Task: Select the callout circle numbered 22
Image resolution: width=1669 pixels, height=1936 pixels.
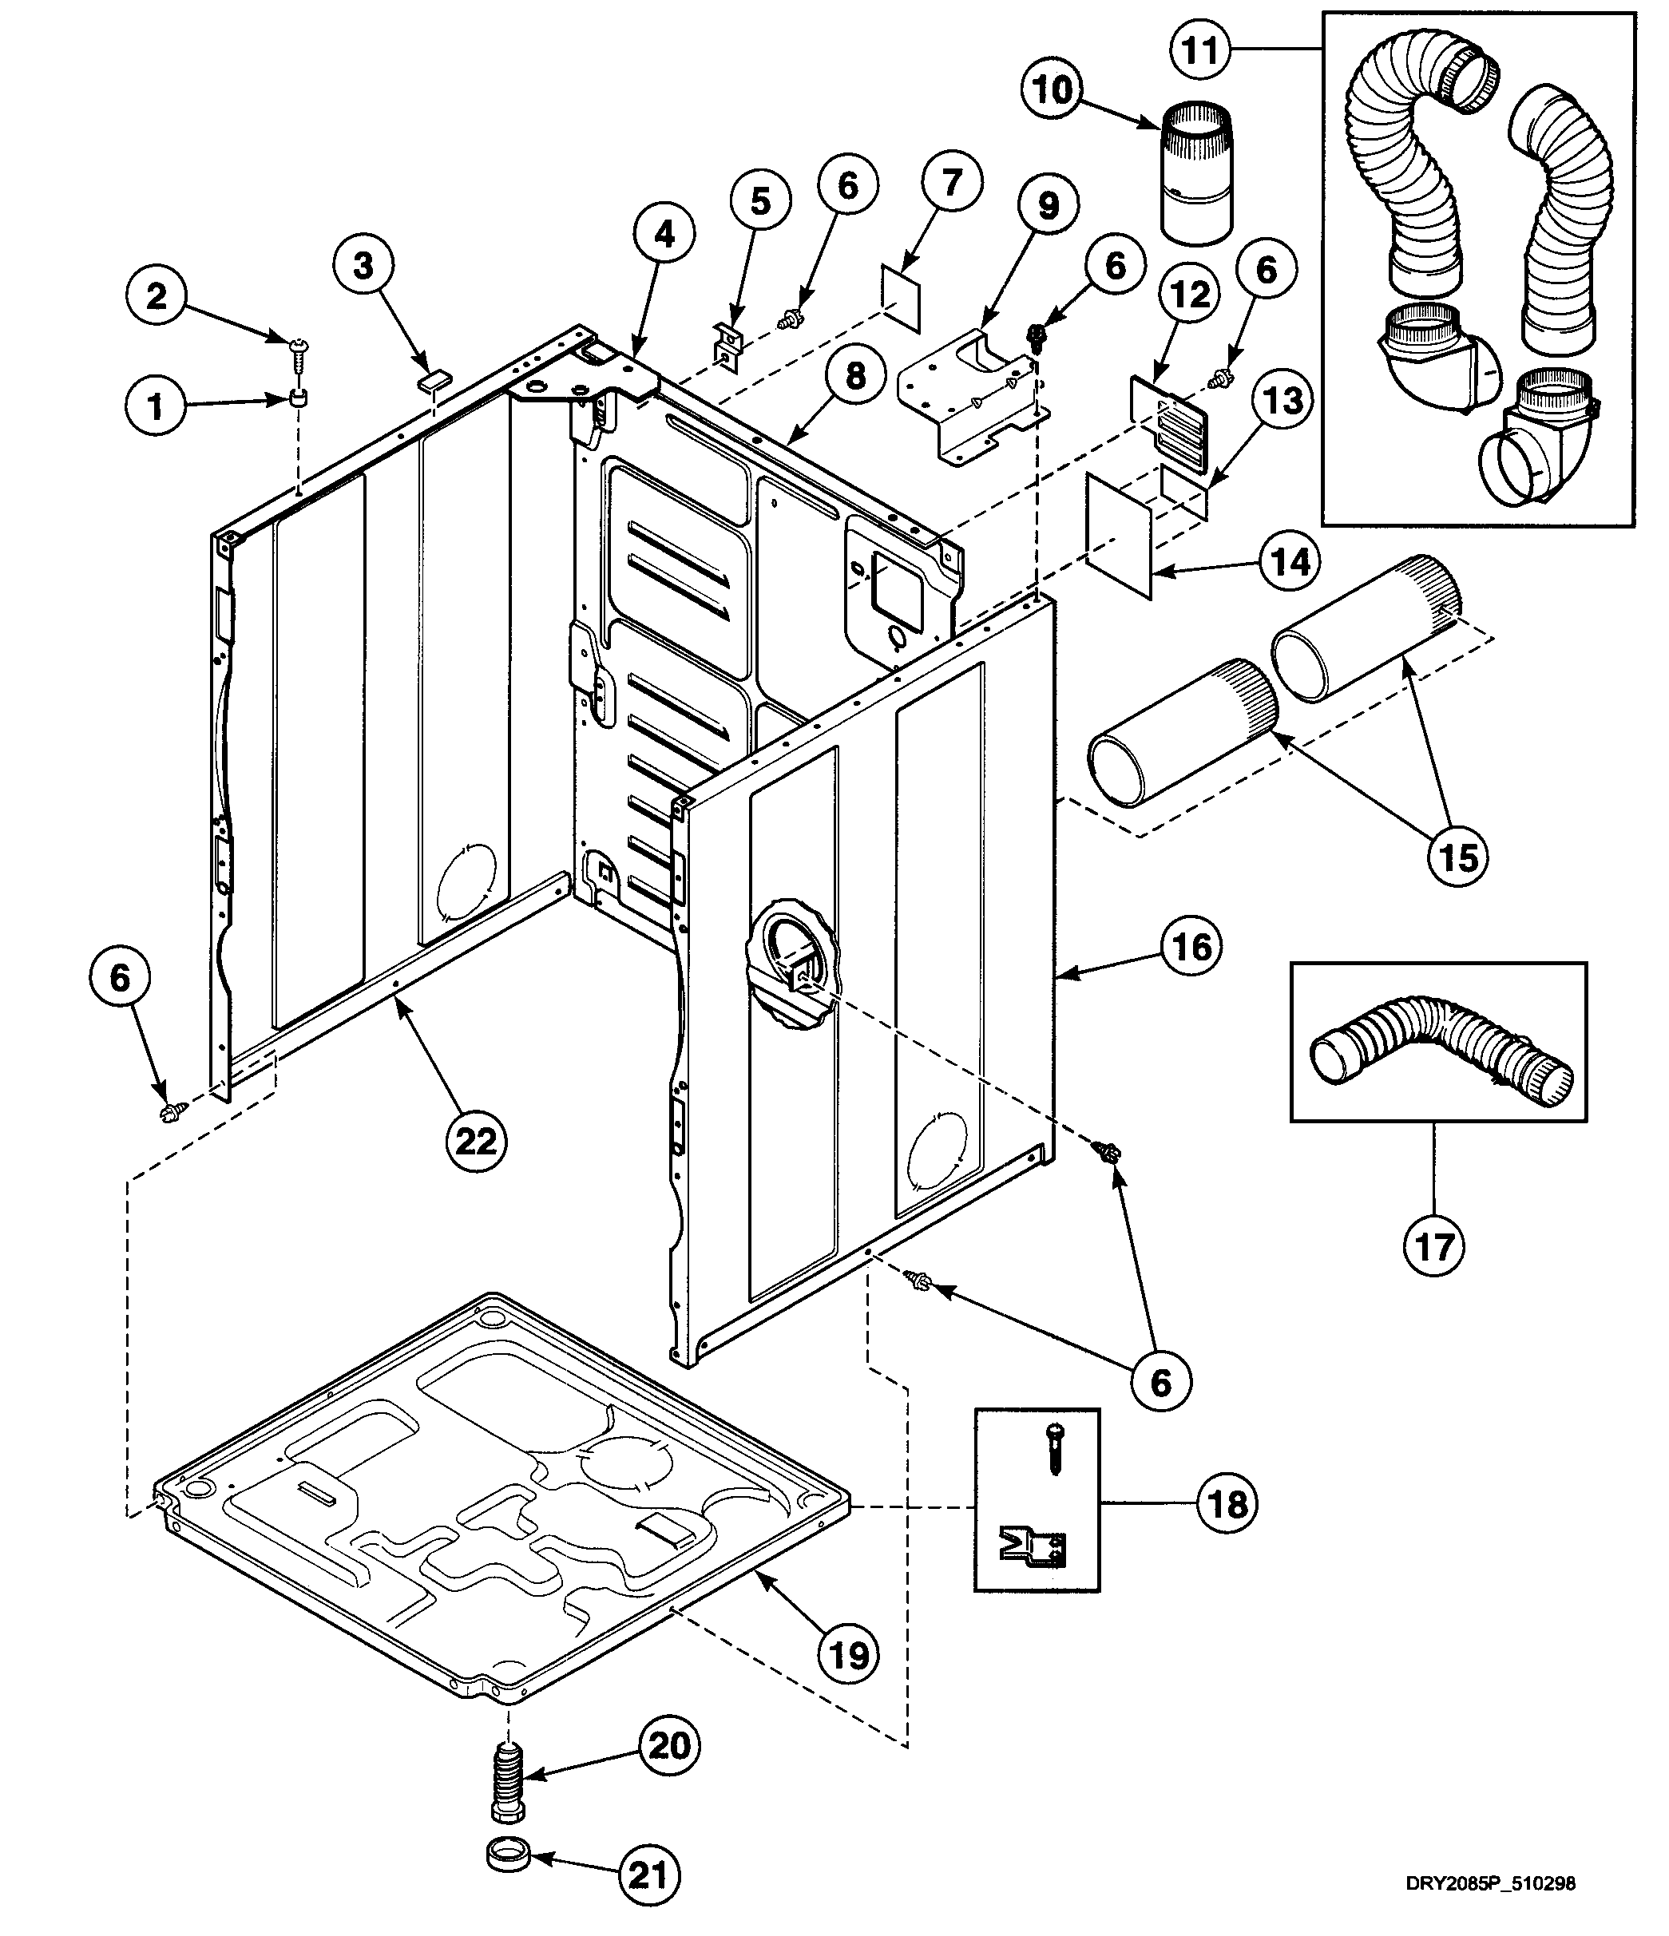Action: point(476,1141)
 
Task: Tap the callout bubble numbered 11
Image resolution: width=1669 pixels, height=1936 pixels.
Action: point(1200,49)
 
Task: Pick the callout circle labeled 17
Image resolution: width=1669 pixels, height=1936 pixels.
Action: point(1434,1245)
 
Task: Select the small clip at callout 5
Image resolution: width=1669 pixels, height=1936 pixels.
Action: point(727,343)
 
